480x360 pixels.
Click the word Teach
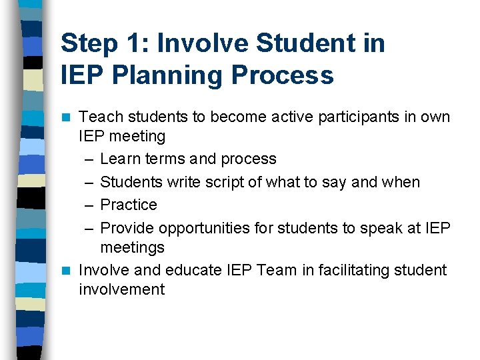pyautogui.click(x=99, y=117)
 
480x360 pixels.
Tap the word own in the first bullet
pyautogui.click(x=436, y=117)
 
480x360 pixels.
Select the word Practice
pyautogui.click(x=129, y=205)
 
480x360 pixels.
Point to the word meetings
pyautogui.click(x=132, y=247)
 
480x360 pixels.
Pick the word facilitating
pyautogui.click(x=349, y=270)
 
